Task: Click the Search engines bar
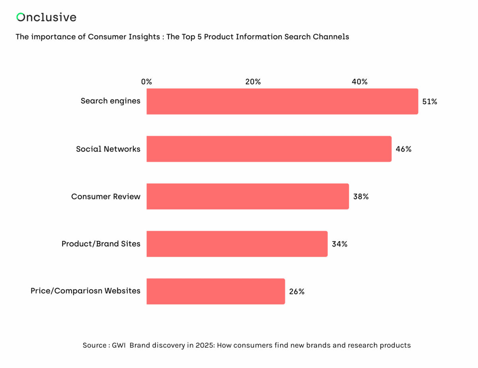pos(282,101)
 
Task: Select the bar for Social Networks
pos(269,149)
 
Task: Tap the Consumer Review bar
pos(247,196)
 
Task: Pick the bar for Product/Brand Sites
pos(237,244)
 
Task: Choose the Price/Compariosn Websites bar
pos(215,291)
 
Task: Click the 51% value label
pos(429,101)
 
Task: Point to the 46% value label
pos(403,149)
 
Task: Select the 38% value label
pos(360,197)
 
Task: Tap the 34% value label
pos(339,244)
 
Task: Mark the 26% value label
pos(297,292)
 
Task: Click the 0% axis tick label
pos(147,82)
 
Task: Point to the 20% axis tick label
pos(253,82)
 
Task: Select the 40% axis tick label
pos(359,82)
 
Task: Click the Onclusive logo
pos(46,17)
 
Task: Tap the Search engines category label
pos(110,101)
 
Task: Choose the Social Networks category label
pos(108,149)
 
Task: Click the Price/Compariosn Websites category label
pos(85,291)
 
